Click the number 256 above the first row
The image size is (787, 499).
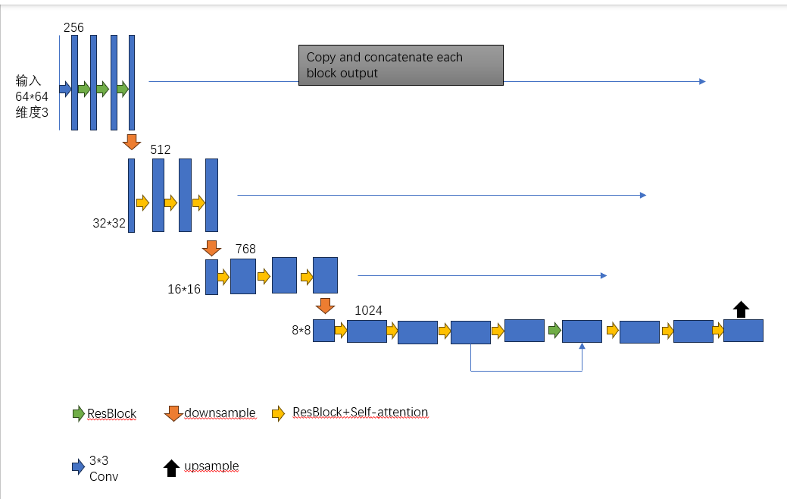73,27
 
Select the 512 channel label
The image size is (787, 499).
161,149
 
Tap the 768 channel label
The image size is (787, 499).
245,249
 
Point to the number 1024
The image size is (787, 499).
368,310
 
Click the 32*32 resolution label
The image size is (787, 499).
109,223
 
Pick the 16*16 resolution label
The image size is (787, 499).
184,289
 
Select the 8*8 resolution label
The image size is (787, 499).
301,331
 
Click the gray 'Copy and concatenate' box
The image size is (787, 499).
401,65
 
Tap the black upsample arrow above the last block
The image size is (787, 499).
742,309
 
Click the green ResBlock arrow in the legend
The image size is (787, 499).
78,413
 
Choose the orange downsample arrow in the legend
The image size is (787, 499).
173,413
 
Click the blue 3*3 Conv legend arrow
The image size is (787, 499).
78,467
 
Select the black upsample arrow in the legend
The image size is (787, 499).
171,467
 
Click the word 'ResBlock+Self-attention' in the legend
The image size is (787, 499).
360,413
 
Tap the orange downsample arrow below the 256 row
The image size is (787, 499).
132,142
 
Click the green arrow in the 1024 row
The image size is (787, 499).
554,331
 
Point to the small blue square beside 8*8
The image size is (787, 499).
323,331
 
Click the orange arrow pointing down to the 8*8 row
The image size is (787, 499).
325,306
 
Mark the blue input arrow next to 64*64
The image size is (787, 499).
65,89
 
